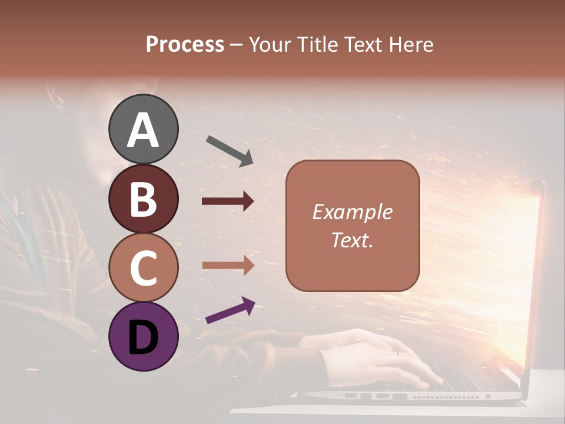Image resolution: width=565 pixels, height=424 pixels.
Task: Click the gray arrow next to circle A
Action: point(230,151)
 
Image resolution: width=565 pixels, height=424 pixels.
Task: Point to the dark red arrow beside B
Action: point(228,201)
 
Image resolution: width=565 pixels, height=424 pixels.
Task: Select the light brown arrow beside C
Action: point(228,265)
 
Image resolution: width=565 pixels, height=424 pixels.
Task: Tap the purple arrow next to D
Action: point(230,311)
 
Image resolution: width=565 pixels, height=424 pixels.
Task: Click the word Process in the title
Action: point(185,45)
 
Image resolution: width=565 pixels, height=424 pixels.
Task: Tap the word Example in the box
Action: point(352,212)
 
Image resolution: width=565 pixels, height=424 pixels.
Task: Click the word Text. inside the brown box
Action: point(352,240)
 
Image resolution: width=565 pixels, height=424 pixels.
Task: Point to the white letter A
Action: point(143,130)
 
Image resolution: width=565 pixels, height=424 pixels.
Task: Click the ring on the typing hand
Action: point(395,352)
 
